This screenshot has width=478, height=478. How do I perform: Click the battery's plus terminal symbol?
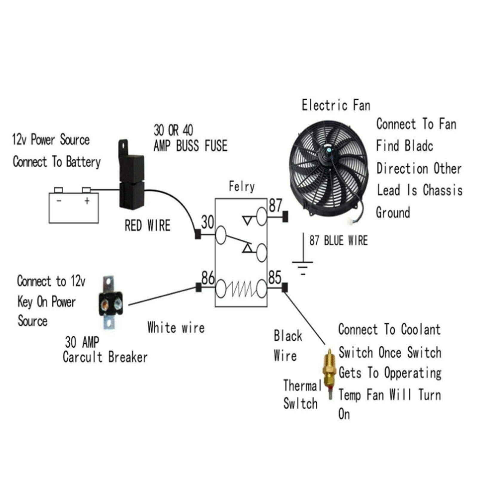coord(87,200)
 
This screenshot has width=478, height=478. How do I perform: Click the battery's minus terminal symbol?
coord(59,200)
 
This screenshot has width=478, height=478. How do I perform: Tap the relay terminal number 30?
coord(207,222)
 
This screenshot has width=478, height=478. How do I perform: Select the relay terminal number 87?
coord(275,206)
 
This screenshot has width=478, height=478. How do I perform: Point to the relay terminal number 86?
coord(208,278)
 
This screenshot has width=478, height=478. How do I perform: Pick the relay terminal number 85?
coord(275,277)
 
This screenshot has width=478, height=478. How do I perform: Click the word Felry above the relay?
coord(242,186)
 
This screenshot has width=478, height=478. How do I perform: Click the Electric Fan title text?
coord(336,105)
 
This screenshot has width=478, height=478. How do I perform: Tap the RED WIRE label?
coord(147,225)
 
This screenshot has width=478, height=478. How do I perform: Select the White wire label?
coord(176,327)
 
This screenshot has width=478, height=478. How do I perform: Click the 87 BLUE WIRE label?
coord(338,240)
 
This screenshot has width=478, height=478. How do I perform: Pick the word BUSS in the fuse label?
coord(187,146)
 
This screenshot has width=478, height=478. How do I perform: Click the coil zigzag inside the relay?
coord(241,289)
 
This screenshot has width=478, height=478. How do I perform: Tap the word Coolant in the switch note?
coord(421,329)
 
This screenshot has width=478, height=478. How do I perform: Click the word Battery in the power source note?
coord(83,162)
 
